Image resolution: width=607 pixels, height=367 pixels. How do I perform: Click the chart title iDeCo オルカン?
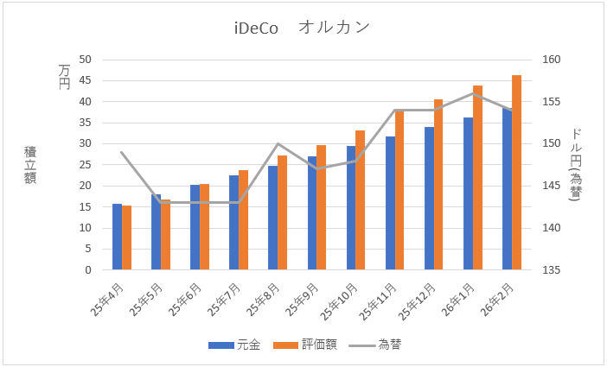(x=303, y=28)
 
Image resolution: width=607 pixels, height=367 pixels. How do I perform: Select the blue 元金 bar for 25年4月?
(x=117, y=237)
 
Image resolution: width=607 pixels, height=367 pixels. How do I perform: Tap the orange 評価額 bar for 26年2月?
(x=516, y=173)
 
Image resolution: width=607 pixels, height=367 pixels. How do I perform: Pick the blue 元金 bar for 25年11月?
(x=390, y=203)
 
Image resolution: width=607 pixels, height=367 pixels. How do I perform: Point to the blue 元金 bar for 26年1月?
(x=468, y=193)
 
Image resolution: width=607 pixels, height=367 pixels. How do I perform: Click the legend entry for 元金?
(x=235, y=345)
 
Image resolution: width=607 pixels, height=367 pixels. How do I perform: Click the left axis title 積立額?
(x=30, y=164)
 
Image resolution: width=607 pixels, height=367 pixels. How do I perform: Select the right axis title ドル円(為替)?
(x=577, y=164)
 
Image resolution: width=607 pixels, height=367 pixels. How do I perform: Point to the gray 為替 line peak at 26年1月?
(x=473, y=93)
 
